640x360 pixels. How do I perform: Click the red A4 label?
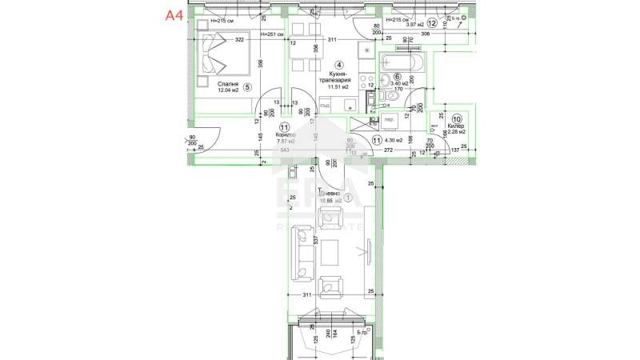click(174, 14)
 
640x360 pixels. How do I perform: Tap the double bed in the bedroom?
click(218, 51)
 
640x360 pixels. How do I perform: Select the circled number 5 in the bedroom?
click(248, 88)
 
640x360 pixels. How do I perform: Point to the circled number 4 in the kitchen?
click(339, 65)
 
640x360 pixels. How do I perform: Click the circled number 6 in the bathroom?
click(397, 76)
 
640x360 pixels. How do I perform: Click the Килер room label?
click(456, 126)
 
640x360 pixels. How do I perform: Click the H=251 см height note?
click(222, 34)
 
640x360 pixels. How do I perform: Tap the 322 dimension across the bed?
click(238, 40)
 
